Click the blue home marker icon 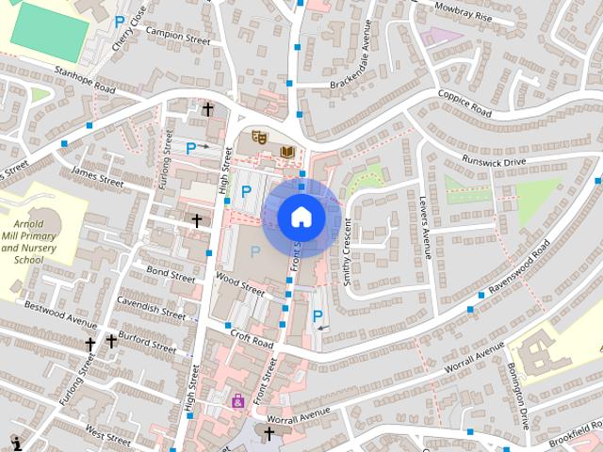click(x=301, y=218)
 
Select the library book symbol click(x=287, y=151)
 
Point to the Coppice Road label click(x=464, y=103)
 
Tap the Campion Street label click(x=178, y=36)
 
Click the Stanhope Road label click(x=84, y=79)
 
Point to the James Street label click(x=97, y=174)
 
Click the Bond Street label click(x=171, y=275)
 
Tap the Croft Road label click(x=251, y=340)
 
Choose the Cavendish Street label click(x=151, y=308)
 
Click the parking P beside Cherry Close click(x=119, y=21)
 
